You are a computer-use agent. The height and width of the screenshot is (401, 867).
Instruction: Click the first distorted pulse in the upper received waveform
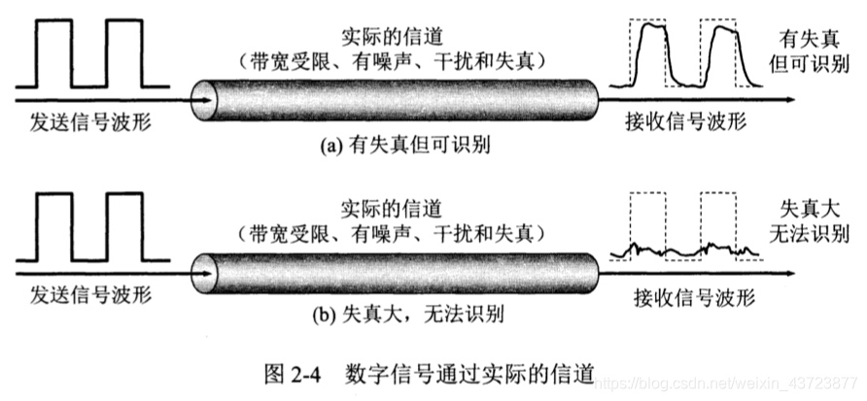click(648, 58)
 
